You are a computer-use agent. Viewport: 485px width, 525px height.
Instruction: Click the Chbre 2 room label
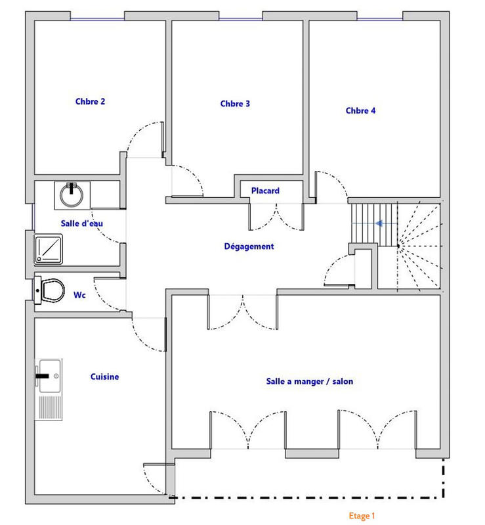pos(90,102)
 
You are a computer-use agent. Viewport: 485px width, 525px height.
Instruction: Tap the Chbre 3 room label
pos(235,104)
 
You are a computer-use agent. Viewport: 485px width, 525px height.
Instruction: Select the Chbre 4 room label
pos(360,111)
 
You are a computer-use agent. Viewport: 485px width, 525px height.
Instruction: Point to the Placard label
pos(265,191)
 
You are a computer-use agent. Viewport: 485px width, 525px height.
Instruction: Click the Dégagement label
pos(249,247)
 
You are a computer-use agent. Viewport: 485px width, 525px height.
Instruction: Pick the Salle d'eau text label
pos(81,223)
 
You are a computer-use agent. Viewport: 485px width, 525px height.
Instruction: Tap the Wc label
pos(80,295)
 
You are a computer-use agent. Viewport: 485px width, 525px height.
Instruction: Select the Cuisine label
pos(104,377)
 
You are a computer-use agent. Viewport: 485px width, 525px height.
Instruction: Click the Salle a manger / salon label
pos(309,381)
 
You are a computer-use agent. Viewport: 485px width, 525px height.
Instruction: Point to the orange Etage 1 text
pos(362,516)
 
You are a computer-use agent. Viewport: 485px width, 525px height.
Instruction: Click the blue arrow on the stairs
pos(380,223)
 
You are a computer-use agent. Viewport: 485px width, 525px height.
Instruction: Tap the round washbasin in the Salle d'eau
pos(70,194)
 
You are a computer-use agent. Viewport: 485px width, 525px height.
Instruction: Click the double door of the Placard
pos(276,216)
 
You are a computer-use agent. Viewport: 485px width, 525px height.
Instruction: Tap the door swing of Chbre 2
pos(144,139)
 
